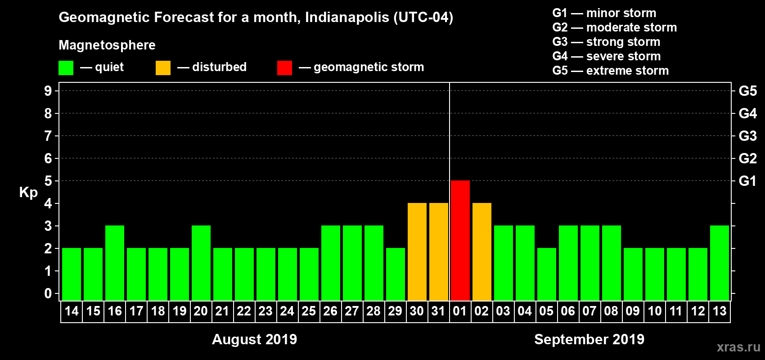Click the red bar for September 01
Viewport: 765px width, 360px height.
coord(460,240)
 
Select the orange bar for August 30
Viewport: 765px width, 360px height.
coord(417,252)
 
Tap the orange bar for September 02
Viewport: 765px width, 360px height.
coord(481,252)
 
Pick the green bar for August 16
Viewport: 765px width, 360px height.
coord(115,263)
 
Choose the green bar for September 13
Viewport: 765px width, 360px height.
coord(719,263)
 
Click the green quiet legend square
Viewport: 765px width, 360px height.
coord(66,68)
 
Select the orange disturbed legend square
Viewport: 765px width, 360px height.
coord(163,68)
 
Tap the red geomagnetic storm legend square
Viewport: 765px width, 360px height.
coord(284,68)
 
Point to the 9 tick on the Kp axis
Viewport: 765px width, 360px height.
coord(48,91)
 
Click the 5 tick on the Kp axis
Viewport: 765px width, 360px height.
coord(48,181)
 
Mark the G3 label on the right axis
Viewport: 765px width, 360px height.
coord(747,136)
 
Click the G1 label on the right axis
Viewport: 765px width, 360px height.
coord(747,181)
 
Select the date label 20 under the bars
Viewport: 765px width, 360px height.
coord(201,311)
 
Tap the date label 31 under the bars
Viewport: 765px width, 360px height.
coord(438,311)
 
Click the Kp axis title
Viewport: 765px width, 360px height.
coord(28,192)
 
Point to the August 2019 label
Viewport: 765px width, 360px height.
coord(254,339)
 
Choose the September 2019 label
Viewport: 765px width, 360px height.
coord(589,339)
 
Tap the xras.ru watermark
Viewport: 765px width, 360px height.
coord(738,347)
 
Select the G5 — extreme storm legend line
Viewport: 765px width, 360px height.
coord(610,71)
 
